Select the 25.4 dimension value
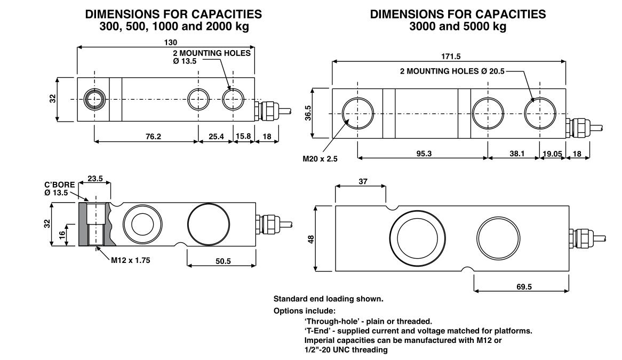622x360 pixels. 216,137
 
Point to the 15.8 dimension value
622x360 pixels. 243,137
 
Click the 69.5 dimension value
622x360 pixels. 524,287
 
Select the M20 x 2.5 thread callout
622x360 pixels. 321,158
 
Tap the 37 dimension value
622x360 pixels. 363,181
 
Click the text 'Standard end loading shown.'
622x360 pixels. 328,299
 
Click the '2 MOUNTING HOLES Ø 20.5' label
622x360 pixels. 452,71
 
